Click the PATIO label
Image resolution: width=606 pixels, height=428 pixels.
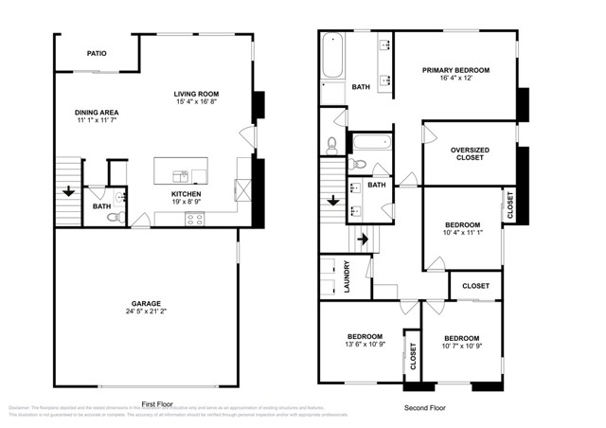[97, 54]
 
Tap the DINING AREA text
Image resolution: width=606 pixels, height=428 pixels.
[97, 112]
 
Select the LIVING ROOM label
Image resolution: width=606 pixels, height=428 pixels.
[196, 94]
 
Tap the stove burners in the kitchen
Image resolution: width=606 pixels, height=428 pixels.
[195, 219]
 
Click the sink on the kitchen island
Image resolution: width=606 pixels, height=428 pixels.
[180, 174]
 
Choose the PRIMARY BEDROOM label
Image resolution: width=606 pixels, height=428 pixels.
[455, 69]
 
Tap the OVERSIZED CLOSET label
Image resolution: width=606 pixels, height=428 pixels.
[470, 153]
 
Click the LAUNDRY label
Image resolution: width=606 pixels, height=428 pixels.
[348, 276]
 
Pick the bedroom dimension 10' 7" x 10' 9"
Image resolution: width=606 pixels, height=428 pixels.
[461, 347]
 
